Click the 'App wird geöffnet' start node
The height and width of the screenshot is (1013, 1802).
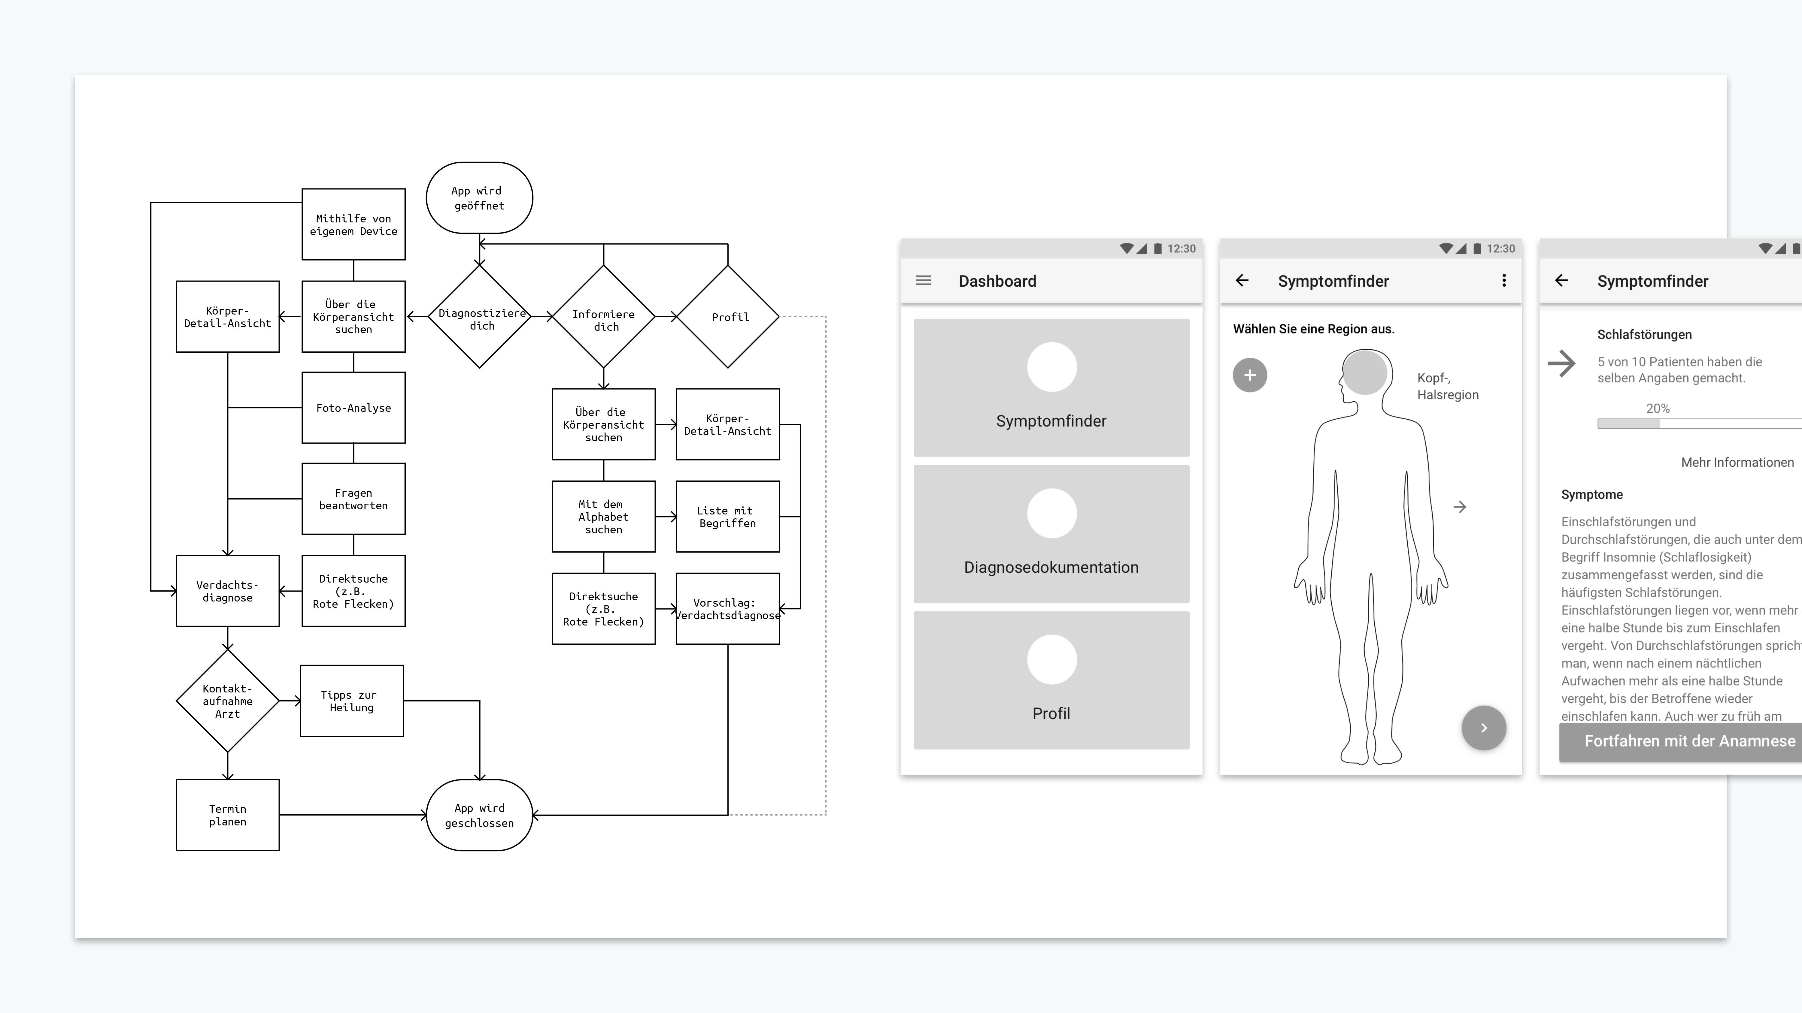click(x=479, y=198)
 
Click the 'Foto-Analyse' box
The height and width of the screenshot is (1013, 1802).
click(x=353, y=408)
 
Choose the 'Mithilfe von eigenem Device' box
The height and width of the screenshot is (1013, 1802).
click(x=353, y=225)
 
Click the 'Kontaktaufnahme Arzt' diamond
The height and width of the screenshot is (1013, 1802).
click(x=227, y=701)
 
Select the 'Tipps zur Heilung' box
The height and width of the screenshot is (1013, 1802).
click(x=352, y=701)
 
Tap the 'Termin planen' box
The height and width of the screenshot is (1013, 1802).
click(x=227, y=815)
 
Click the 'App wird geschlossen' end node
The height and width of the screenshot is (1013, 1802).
click(x=479, y=815)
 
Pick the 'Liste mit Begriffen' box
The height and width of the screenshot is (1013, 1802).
click(x=727, y=517)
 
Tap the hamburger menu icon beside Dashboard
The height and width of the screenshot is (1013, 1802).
click(x=924, y=280)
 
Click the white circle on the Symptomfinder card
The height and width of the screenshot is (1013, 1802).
click(x=1051, y=367)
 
